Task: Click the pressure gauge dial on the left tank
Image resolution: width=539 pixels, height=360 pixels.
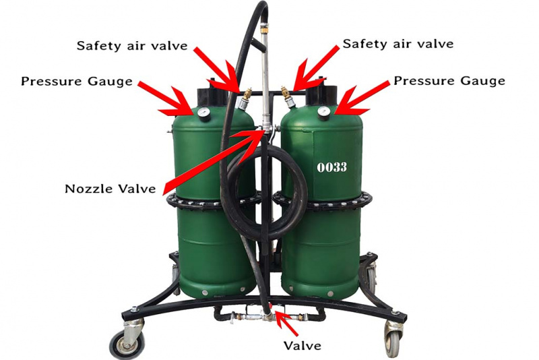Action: pyautogui.click(x=203, y=113)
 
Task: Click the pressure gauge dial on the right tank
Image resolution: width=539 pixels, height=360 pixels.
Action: pyautogui.click(x=324, y=111)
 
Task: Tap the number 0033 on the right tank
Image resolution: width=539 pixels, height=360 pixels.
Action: pyautogui.click(x=331, y=167)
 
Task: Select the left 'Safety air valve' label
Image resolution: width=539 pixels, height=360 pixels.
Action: pyautogui.click(x=132, y=46)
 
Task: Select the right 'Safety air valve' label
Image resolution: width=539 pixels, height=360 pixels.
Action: pyautogui.click(x=398, y=44)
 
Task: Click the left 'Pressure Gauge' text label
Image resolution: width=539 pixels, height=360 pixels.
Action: pyautogui.click(x=77, y=81)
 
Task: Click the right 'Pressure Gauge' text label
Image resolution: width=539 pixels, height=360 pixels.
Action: pyautogui.click(x=449, y=80)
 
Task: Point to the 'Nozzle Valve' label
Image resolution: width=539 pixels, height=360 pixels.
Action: pyautogui.click(x=110, y=188)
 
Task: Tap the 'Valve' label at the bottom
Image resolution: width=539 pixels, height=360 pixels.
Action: pyautogui.click(x=302, y=345)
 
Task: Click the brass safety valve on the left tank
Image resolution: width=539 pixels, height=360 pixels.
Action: pyautogui.click(x=245, y=98)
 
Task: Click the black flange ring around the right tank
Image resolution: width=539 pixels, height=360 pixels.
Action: pyautogui.click(x=323, y=201)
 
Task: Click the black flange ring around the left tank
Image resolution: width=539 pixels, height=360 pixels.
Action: pyautogui.click(x=214, y=202)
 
